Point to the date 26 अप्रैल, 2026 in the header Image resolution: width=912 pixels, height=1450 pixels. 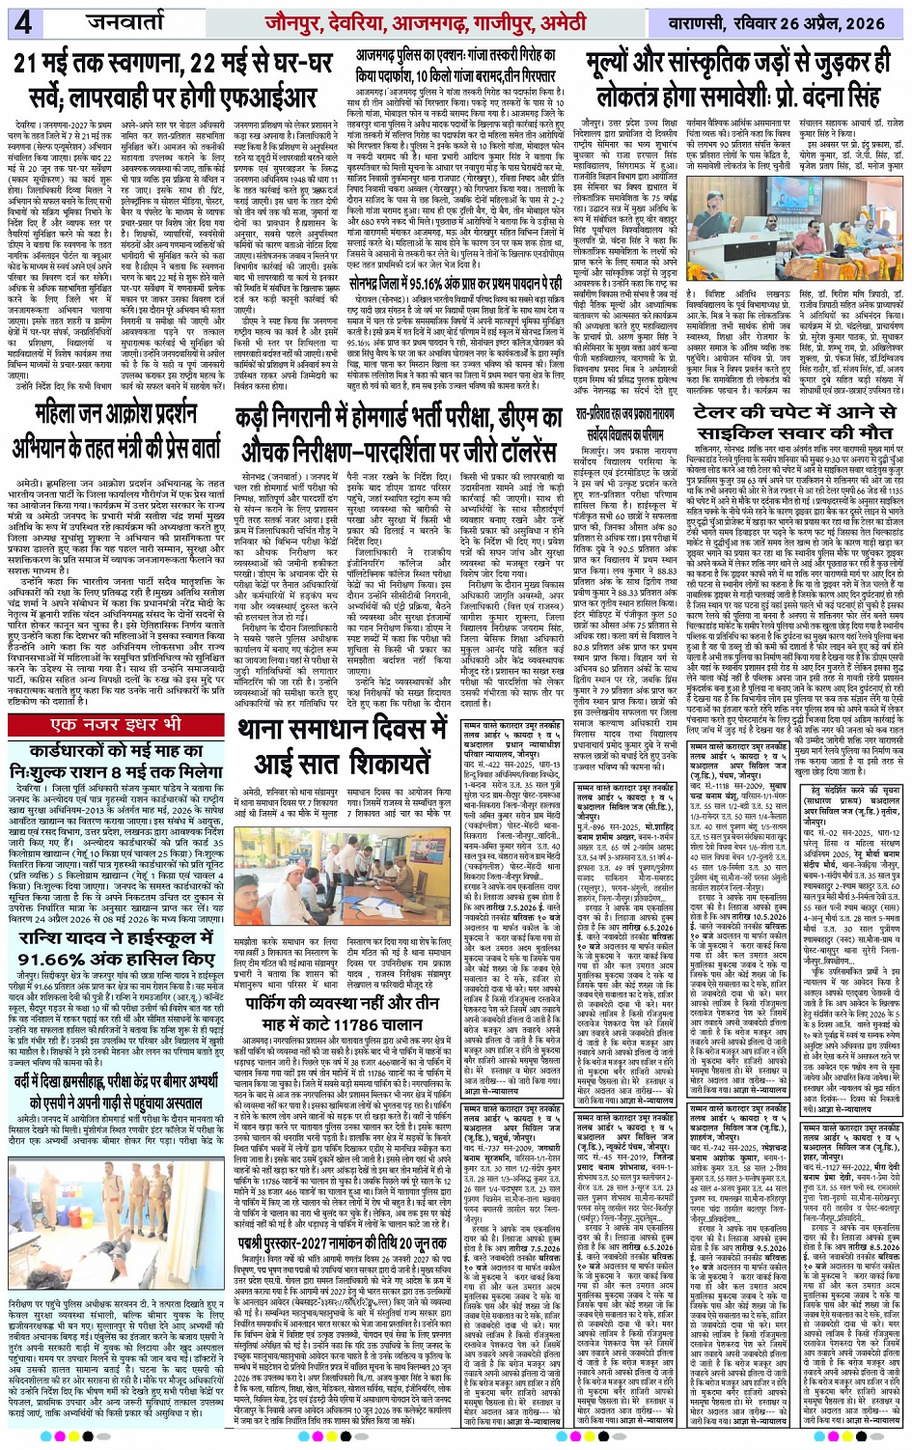(x=845, y=21)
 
